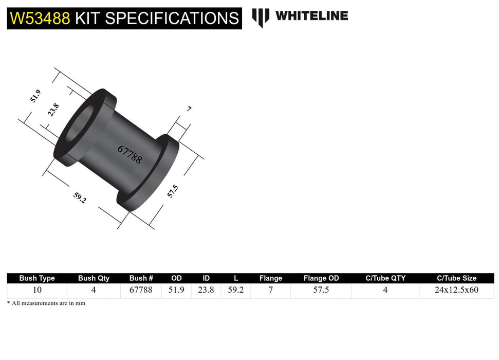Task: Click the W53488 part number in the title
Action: pos(40,19)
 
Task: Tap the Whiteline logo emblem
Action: pos(261,17)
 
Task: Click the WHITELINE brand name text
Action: pos(311,16)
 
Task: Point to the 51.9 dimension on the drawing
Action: pos(35,96)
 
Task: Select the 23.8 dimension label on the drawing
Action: pos(53,110)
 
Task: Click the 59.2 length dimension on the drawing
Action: pos(80,197)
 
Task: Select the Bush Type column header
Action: pos(37,278)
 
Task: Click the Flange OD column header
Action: pos(321,278)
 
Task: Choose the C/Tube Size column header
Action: pos(456,278)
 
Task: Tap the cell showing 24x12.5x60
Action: pos(456,290)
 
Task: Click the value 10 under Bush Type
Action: pos(37,290)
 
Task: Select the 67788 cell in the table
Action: pos(141,290)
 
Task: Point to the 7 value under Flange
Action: pos(270,290)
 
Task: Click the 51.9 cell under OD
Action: pos(176,290)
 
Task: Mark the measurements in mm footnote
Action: pos(46,303)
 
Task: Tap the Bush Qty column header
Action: pos(94,278)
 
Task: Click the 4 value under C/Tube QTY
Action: pos(385,290)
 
